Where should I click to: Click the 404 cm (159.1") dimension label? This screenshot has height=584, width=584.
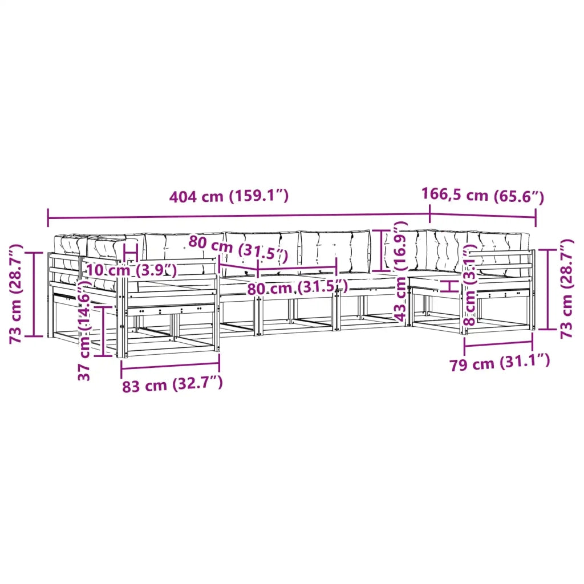tap(229, 196)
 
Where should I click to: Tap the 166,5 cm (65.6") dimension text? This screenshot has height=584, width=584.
tap(482, 195)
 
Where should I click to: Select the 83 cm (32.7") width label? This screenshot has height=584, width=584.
tap(172, 384)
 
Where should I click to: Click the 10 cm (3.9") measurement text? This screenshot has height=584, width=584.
tap(132, 270)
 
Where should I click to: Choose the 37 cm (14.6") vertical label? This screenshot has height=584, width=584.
tap(84, 331)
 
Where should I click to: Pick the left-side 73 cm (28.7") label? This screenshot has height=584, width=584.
tap(16, 294)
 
